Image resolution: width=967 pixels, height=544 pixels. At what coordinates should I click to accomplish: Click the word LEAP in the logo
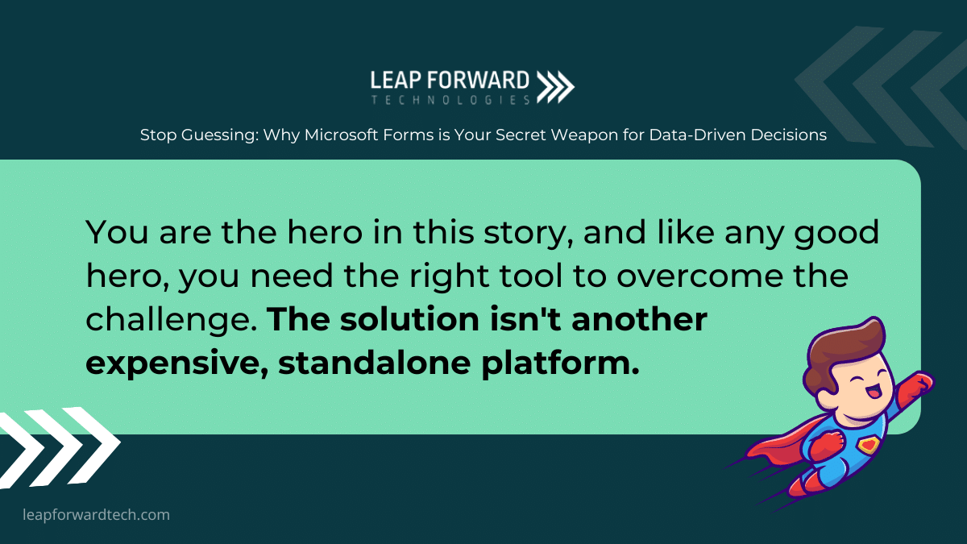[x=396, y=81]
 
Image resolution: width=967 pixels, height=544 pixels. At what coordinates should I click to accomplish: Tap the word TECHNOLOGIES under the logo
[x=450, y=100]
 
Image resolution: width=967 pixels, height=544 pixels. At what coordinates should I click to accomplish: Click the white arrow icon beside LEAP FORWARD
[x=555, y=87]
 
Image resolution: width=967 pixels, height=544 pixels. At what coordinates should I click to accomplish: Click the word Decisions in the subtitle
[x=789, y=135]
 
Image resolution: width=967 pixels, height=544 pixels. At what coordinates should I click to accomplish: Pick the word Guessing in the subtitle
[x=220, y=135]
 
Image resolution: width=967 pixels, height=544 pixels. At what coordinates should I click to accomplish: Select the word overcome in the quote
[x=699, y=276]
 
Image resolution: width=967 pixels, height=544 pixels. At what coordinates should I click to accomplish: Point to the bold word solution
[x=409, y=319]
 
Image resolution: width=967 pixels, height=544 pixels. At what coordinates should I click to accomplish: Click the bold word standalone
[x=374, y=363]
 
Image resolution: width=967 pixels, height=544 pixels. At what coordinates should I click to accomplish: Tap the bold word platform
[x=560, y=363]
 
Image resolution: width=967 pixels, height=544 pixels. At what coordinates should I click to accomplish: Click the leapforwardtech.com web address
[x=96, y=515]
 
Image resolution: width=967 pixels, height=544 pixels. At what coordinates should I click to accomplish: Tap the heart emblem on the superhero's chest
[x=869, y=445]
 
